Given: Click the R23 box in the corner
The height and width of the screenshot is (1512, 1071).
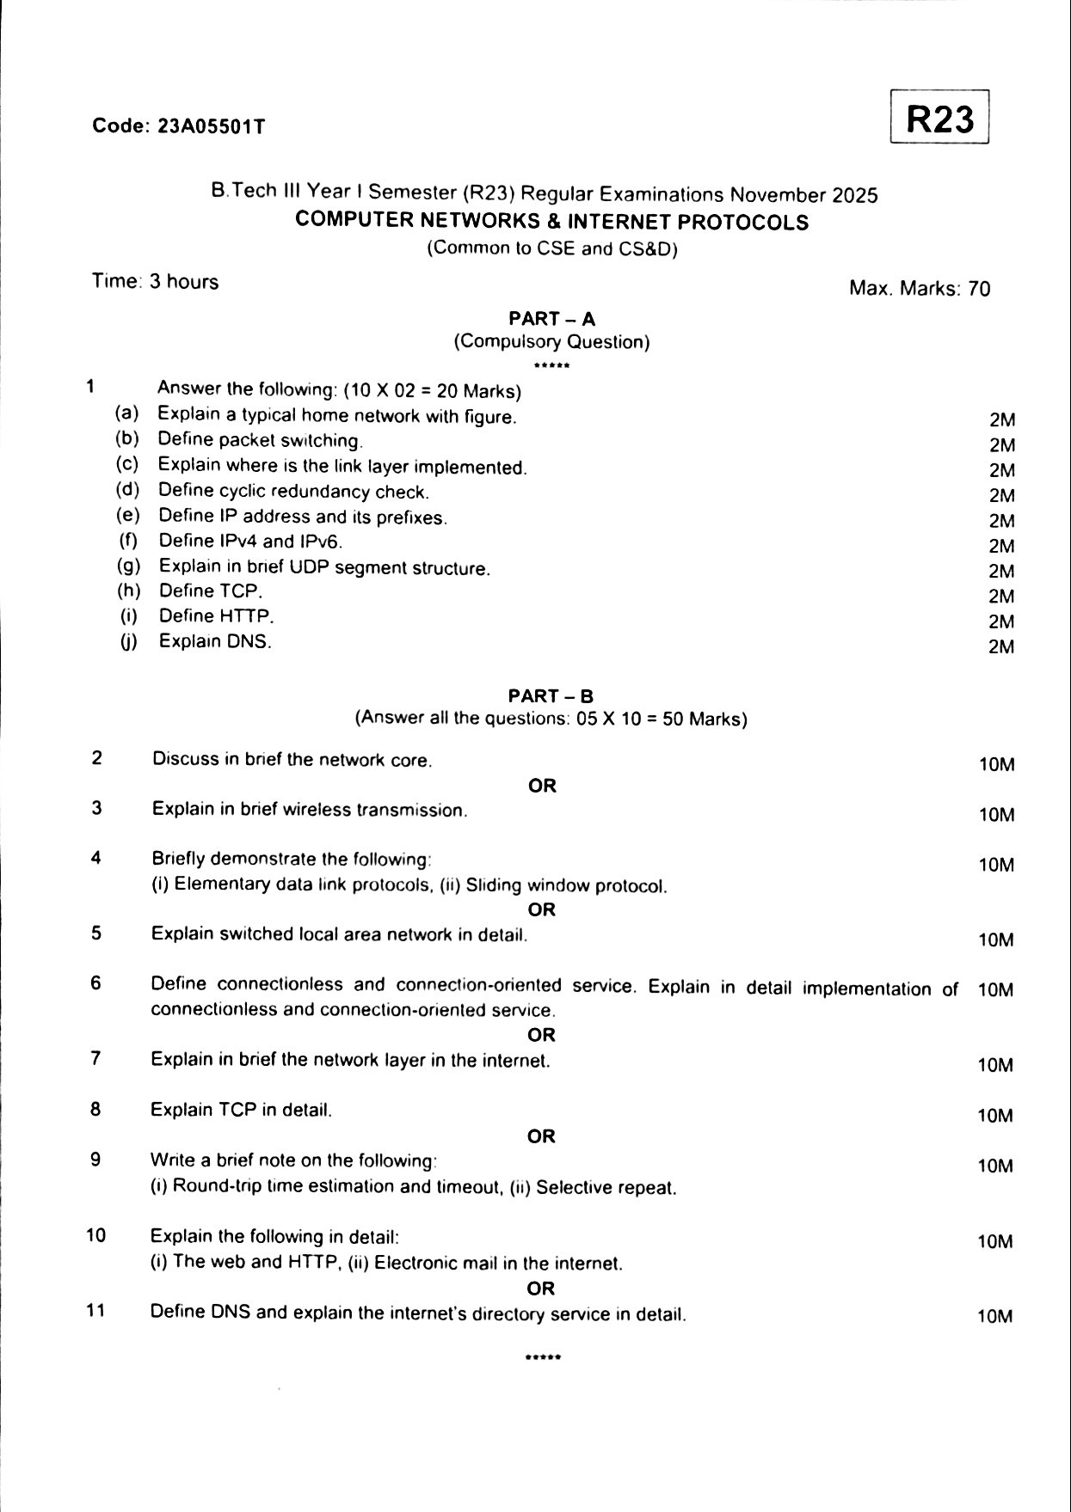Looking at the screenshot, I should pos(940,119).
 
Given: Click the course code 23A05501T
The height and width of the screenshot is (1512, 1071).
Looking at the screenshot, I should pos(211,126).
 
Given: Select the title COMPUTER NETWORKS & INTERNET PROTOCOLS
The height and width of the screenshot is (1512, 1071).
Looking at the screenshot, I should pos(551,222).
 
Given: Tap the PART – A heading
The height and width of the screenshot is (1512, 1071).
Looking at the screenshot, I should pos(551,319).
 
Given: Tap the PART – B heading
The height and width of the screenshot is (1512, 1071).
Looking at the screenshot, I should pos(551,696).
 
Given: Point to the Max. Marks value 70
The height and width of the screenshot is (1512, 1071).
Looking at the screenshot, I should pos(979,289).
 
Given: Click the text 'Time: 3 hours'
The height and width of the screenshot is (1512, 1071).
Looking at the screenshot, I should pos(156,282).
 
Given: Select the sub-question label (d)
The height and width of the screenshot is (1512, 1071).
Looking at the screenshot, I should pos(128,490).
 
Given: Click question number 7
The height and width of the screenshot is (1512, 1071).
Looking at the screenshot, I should pos(95,1058).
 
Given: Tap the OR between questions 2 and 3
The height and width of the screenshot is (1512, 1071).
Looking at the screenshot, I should pos(542,786).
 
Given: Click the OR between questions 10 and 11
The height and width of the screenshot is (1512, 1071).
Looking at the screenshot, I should pos(541,1289).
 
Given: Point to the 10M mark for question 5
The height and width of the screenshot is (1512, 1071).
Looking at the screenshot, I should pos(995,940).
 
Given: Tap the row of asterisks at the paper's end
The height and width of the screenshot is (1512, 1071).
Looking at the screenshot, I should pos(543,1358).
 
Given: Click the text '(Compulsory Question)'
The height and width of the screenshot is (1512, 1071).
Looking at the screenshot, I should pos(551,342).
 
